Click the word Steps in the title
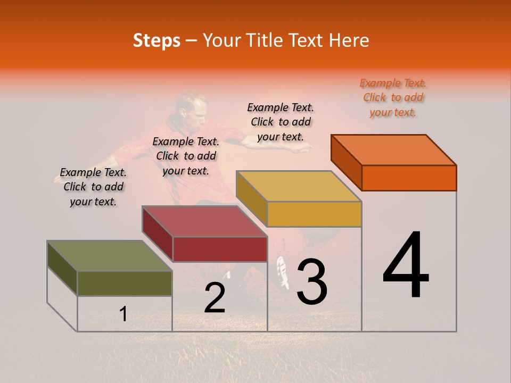point(156,40)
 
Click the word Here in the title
point(349,40)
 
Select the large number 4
point(406,266)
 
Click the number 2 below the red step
point(215,298)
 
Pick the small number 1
point(123,314)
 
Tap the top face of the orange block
point(393,150)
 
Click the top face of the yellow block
point(299,186)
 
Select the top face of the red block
point(204,221)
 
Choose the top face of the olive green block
point(110,256)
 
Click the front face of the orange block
point(409,178)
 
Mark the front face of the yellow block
point(314,214)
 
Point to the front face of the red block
point(220,249)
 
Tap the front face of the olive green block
point(125,283)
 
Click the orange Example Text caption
point(393,98)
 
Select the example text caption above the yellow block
point(281,122)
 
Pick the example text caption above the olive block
point(93,187)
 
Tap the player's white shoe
point(283,271)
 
